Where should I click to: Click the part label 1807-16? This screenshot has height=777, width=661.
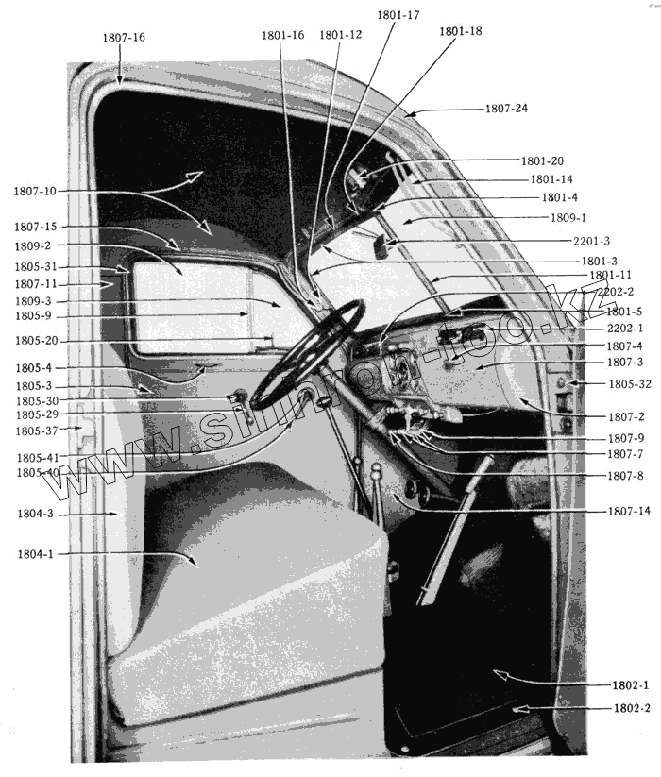tap(124, 38)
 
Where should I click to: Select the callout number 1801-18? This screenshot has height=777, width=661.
tap(460, 31)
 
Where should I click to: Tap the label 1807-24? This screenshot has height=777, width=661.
tap(506, 109)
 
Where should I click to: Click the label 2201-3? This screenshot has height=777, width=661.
tap(591, 241)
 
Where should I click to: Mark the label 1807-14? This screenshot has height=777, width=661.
tap(628, 511)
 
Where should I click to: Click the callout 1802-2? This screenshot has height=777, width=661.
tap(632, 708)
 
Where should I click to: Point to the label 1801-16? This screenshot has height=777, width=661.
tap(282, 35)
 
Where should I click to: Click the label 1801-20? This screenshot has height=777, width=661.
tap(542, 161)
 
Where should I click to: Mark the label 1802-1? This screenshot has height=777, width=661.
tap(632, 684)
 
